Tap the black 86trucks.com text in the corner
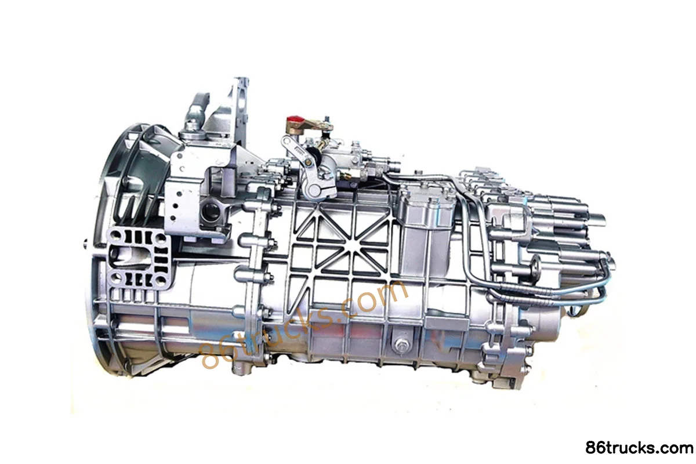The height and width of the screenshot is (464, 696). tap(639, 448)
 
